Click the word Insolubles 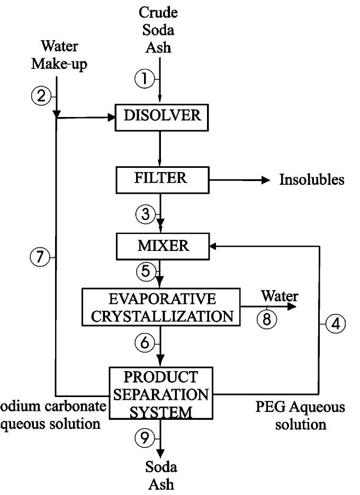[x=312, y=180]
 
